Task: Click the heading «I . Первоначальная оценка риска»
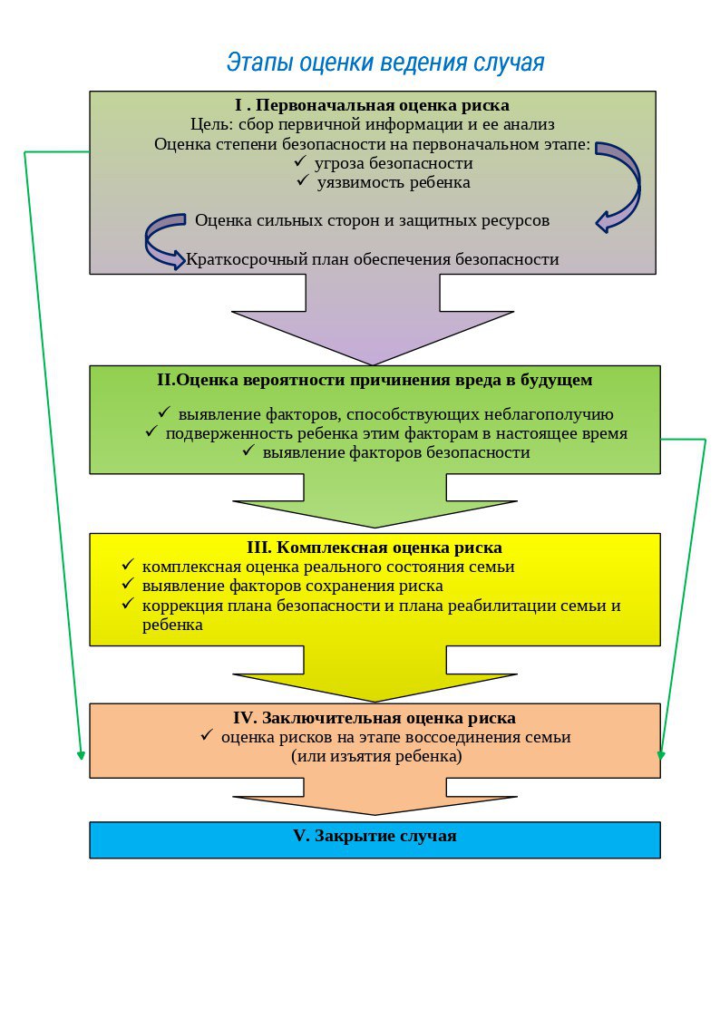(x=372, y=105)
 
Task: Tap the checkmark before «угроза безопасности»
(x=300, y=160)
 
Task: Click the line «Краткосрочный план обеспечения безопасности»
(x=372, y=259)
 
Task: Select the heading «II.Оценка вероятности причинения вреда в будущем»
(x=375, y=380)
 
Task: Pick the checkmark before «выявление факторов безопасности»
(x=248, y=450)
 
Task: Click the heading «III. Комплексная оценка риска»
(x=375, y=548)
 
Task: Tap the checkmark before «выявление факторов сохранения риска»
(x=128, y=585)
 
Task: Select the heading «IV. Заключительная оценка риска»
(x=375, y=718)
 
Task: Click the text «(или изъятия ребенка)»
(x=376, y=756)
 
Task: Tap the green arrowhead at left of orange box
(x=81, y=754)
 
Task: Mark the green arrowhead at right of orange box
(x=661, y=755)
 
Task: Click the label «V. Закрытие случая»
(x=375, y=836)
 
